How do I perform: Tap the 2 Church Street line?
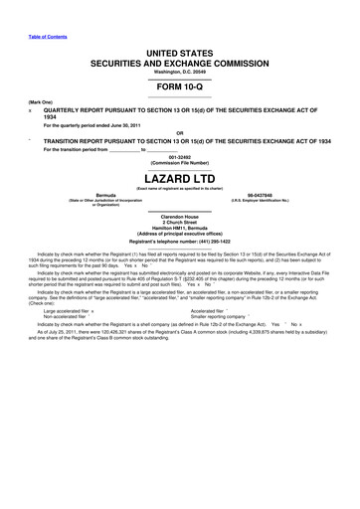point(180,231)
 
